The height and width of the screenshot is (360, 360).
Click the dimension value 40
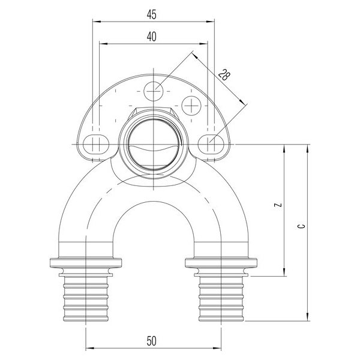pos(151,37)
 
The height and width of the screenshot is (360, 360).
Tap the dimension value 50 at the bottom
pos(151,341)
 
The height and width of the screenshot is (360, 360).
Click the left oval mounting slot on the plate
pos(95,144)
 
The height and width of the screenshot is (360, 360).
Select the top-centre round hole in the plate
pos(154,91)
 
